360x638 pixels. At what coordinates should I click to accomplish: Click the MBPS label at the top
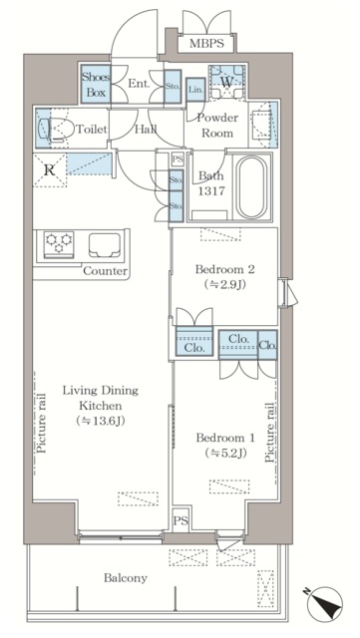click(x=206, y=44)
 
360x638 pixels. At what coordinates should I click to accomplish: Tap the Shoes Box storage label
click(x=96, y=84)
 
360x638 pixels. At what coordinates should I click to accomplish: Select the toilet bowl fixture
click(x=56, y=130)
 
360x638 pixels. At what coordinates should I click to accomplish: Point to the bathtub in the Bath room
click(x=251, y=187)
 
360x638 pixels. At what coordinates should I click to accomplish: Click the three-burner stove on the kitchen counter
click(x=59, y=244)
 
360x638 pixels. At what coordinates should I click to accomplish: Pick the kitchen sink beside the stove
click(x=105, y=245)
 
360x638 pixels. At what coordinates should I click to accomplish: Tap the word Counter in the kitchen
click(x=105, y=271)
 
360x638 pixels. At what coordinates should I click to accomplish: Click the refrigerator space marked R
click(x=50, y=170)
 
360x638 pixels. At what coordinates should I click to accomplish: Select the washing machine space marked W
click(x=226, y=82)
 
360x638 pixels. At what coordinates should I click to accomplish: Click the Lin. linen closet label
click(x=195, y=90)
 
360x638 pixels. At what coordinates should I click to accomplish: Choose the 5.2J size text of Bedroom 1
click(x=225, y=452)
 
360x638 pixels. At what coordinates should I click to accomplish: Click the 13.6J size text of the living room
click(x=100, y=421)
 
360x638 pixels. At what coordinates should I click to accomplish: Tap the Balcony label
click(x=126, y=578)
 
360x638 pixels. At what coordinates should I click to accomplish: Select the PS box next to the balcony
click(x=181, y=520)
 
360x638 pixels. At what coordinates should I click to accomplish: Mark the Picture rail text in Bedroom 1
click(x=269, y=433)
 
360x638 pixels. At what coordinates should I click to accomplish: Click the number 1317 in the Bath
click(x=211, y=190)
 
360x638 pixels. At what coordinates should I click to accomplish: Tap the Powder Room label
click(x=217, y=126)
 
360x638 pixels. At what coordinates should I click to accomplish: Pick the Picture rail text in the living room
click(x=41, y=423)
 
